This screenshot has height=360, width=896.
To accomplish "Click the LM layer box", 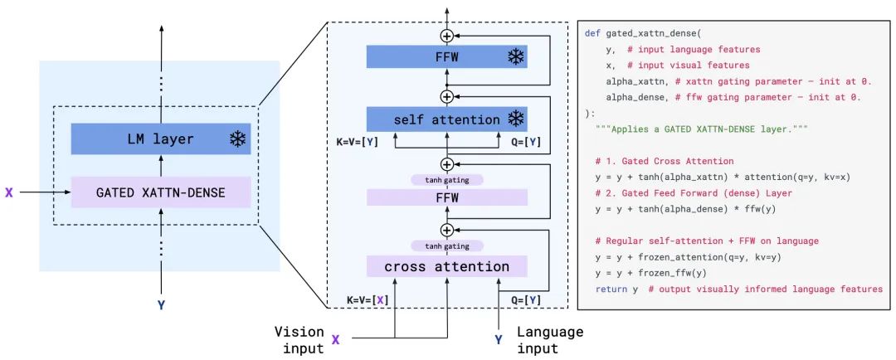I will (x=160, y=139).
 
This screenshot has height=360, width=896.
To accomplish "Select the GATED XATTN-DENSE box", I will (x=160, y=192).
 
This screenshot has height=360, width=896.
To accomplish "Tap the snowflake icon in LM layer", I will (x=238, y=139).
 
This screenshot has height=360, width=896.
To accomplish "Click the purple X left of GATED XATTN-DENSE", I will (x=9, y=192).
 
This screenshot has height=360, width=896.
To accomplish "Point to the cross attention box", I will (x=446, y=266).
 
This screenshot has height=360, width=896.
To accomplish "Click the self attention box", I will (x=446, y=119).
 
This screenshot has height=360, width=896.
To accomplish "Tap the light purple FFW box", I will (x=446, y=197).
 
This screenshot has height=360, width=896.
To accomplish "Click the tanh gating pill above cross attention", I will (x=446, y=246).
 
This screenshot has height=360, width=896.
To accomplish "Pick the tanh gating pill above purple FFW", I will (x=446, y=179).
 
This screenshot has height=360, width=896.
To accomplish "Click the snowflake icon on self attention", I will (x=515, y=119).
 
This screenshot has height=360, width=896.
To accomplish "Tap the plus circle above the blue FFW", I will (x=447, y=36).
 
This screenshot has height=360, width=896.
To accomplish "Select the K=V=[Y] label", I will (x=358, y=142).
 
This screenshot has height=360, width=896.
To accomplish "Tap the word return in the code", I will (x=611, y=289).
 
